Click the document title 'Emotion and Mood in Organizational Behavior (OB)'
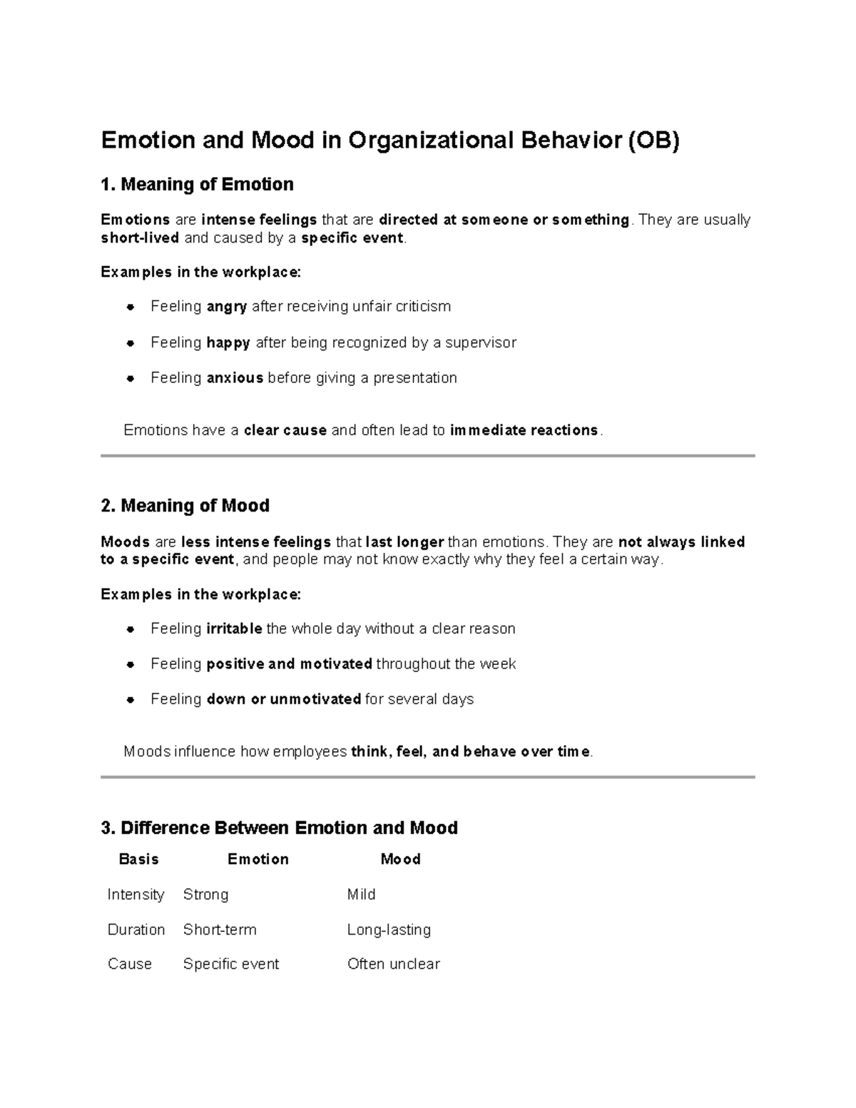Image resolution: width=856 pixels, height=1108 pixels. click(390, 141)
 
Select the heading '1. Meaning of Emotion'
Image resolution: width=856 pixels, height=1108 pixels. click(197, 185)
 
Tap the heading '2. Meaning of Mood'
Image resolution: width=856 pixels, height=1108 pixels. click(185, 506)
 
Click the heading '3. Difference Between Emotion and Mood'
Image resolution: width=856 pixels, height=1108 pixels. click(279, 828)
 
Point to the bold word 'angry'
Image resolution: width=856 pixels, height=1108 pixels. click(227, 307)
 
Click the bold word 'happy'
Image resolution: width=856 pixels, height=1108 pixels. click(228, 343)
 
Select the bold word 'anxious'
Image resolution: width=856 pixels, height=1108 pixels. click(235, 378)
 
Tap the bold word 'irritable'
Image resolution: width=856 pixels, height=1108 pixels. click(234, 629)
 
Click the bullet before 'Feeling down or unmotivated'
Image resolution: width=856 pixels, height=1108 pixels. click(131, 700)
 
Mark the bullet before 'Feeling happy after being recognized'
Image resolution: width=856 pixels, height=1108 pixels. click(131, 343)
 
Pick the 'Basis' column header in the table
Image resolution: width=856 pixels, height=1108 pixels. click(138, 859)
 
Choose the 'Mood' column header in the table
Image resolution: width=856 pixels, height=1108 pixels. click(400, 859)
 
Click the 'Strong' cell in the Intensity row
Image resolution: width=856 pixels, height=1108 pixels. click(205, 895)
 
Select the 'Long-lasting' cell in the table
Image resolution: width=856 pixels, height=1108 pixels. click(389, 930)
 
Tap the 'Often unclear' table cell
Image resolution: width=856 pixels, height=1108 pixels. click(393, 964)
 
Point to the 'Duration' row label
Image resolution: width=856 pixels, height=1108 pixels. click(136, 930)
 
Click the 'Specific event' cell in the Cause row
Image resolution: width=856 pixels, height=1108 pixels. click(231, 964)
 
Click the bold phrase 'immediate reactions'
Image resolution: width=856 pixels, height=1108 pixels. click(524, 430)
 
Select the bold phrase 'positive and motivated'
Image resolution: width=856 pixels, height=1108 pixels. click(289, 664)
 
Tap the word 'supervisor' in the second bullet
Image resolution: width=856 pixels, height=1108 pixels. click(481, 343)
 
